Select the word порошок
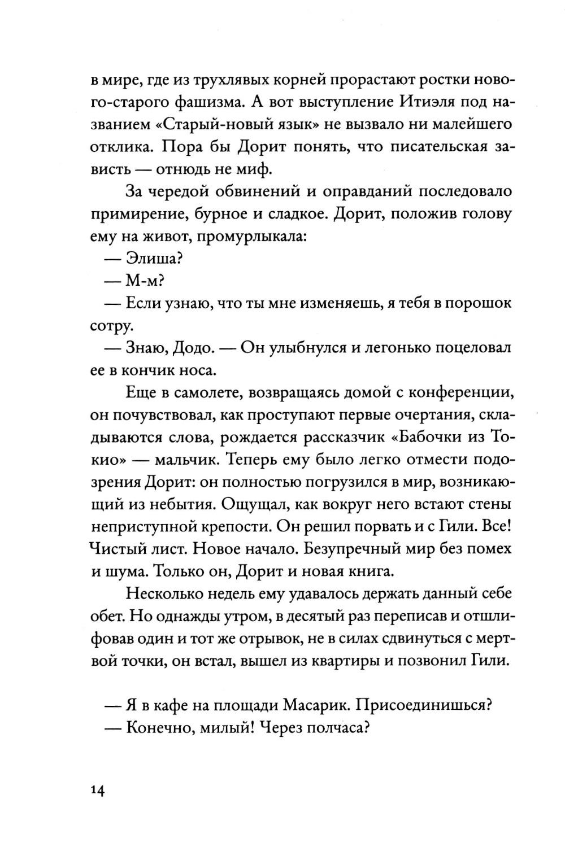479,303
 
